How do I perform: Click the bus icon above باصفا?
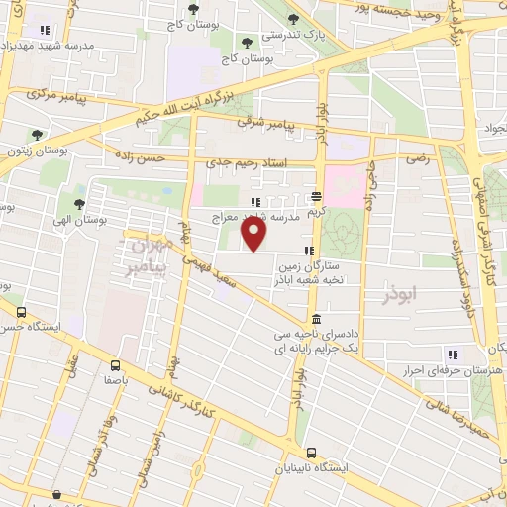point(116,364)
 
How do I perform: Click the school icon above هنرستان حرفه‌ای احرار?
point(453,355)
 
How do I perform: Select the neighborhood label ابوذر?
point(400,293)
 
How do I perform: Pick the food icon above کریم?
point(316,196)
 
